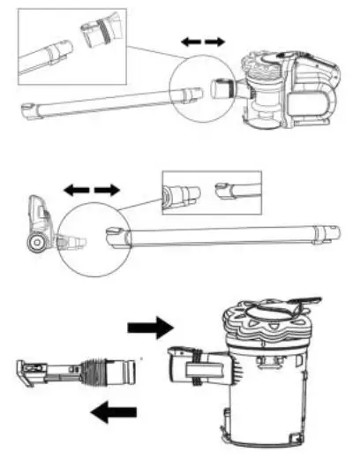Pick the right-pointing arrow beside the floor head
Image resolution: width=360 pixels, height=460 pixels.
[x=106, y=190]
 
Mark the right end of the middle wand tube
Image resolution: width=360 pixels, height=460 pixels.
[x=329, y=233]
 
